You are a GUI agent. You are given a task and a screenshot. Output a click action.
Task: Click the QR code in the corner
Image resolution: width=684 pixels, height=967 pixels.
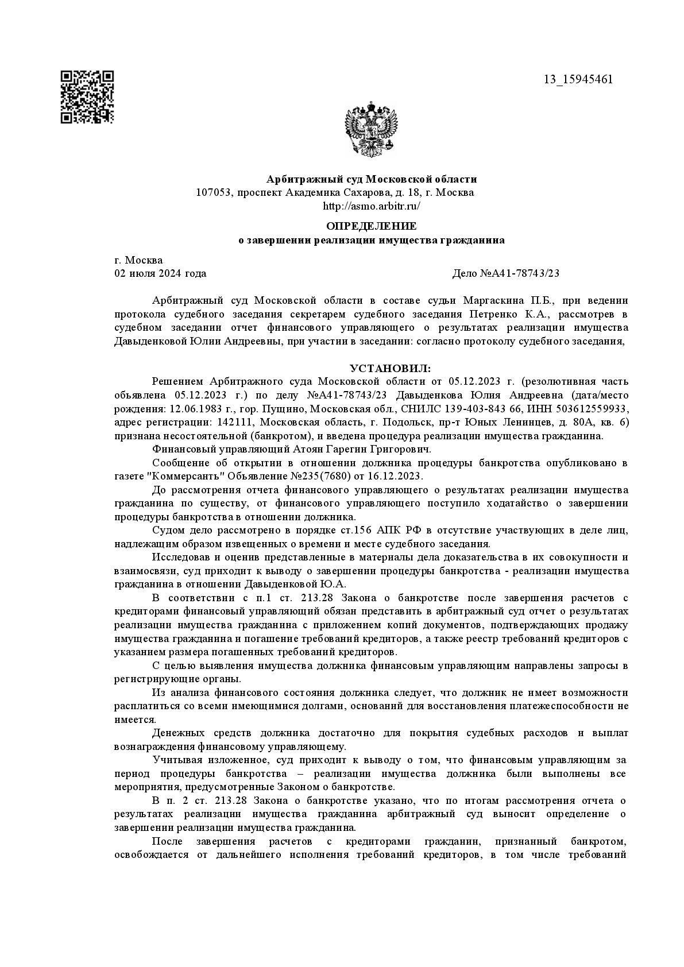pos(87,97)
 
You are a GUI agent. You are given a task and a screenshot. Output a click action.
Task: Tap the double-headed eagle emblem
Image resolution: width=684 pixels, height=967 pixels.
pos(371,129)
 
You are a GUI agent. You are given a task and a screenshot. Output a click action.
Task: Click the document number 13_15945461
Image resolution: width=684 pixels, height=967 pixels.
pos(578,79)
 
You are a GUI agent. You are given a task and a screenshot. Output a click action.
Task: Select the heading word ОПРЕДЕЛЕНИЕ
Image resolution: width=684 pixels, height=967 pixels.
pos(371,226)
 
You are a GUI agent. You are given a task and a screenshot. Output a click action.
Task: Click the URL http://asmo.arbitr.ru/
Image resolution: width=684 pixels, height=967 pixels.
pos(371,206)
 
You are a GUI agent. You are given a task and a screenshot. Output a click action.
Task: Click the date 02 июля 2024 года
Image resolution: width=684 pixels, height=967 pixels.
pos(160,273)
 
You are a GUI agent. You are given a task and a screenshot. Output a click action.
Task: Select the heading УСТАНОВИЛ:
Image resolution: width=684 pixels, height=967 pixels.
pos(389,368)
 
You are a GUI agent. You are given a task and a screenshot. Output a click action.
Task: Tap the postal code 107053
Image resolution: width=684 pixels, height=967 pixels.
pos(213,192)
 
